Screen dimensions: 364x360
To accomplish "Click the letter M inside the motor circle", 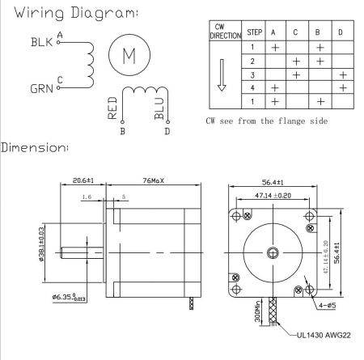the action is (x=129, y=56).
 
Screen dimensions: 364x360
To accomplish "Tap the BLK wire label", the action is (x=41, y=42).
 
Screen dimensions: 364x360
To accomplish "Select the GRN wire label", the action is (x=41, y=89).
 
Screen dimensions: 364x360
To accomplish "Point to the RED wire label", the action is (x=112, y=108).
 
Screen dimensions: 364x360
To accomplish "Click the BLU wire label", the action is (x=159, y=108).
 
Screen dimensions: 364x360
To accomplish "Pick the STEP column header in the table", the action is (x=254, y=32).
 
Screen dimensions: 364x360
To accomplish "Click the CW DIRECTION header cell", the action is (x=226, y=32).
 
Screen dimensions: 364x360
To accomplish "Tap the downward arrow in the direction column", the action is (x=222, y=75).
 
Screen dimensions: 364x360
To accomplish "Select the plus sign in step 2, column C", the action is (x=296, y=61).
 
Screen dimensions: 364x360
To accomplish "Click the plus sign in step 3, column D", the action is (x=343, y=75).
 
